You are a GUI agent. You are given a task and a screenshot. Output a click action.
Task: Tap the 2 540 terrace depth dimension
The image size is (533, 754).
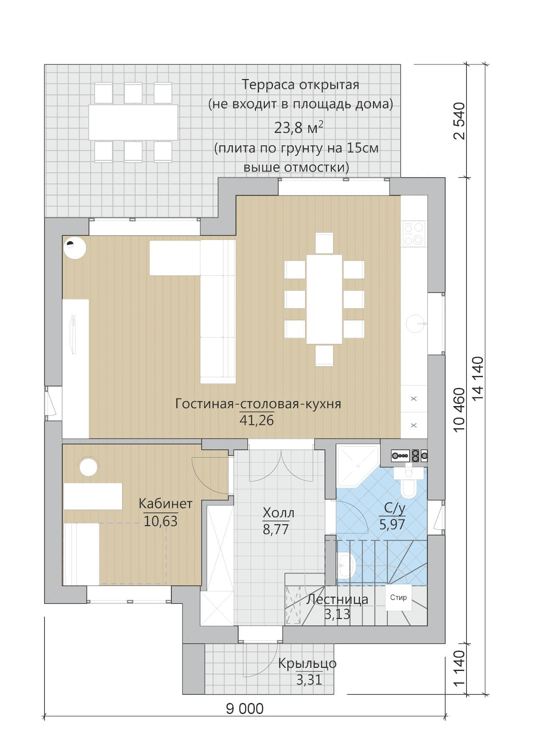coord(459,121)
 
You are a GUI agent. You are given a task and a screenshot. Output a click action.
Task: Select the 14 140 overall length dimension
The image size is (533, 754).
coord(478,379)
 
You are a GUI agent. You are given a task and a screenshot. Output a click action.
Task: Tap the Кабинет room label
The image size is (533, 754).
coord(166,504)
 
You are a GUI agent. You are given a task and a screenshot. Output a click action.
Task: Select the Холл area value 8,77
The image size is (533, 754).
coord(275,530)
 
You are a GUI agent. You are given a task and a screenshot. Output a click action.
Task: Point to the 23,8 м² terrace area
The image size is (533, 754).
coord(299,128)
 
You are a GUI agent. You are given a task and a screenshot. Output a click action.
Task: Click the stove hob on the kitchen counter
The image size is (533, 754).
coord(414,233)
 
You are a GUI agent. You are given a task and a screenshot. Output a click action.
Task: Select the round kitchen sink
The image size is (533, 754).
coord(415,323)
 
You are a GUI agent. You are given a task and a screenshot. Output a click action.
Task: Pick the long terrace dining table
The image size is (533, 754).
coord(133,122)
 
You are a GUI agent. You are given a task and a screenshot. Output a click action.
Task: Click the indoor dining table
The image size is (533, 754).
coord(324,299)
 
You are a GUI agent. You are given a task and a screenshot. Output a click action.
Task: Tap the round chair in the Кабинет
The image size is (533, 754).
coord(88,467)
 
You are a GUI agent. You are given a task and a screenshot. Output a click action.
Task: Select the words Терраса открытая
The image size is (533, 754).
coord(301,84)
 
